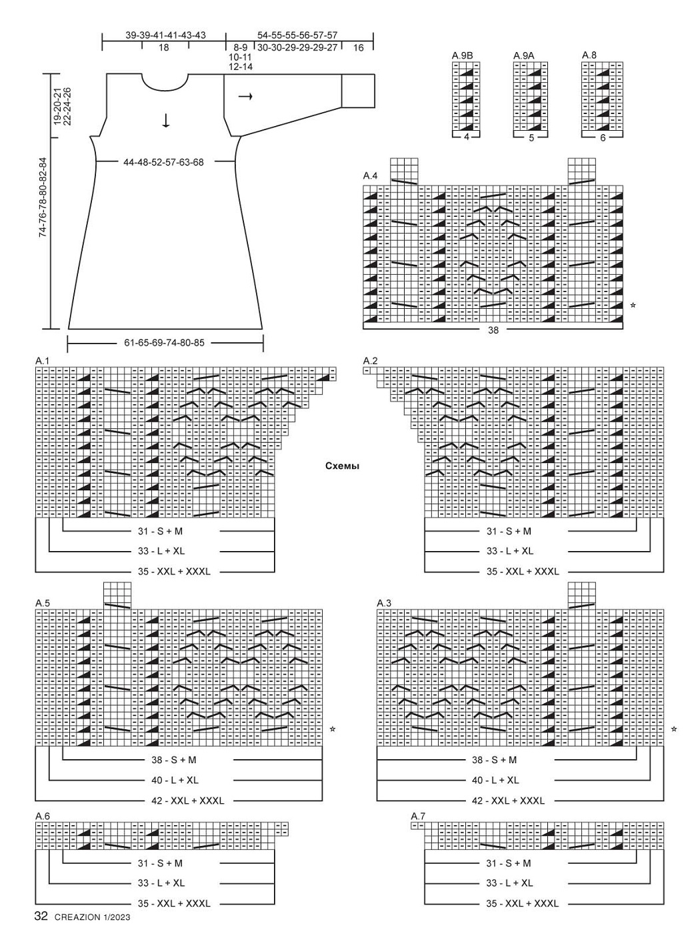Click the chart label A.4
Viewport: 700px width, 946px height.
(370, 175)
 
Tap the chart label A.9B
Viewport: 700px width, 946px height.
(462, 56)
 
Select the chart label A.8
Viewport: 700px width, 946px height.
(589, 55)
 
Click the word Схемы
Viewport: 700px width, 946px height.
(342, 466)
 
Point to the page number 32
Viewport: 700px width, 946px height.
(41, 916)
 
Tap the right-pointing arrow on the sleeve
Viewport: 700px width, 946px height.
(245, 97)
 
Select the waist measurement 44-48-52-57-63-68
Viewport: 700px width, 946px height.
(164, 162)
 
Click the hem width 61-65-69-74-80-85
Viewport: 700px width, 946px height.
(164, 342)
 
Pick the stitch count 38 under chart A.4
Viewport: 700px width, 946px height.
(493, 330)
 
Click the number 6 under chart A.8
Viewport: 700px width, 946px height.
(603, 137)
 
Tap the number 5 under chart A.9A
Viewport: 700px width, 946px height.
(531, 137)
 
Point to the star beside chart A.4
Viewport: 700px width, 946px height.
(633, 305)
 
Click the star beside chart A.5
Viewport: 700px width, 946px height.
(333, 729)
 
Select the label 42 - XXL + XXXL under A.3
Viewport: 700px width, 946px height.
(508, 801)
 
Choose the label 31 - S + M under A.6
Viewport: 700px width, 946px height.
(160, 863)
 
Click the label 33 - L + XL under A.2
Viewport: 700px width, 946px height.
(510, 550)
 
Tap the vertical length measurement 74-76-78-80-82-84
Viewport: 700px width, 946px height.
(43, 197)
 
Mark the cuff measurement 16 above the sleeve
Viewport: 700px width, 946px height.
(358, 48)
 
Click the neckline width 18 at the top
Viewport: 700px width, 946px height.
(164, 47)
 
